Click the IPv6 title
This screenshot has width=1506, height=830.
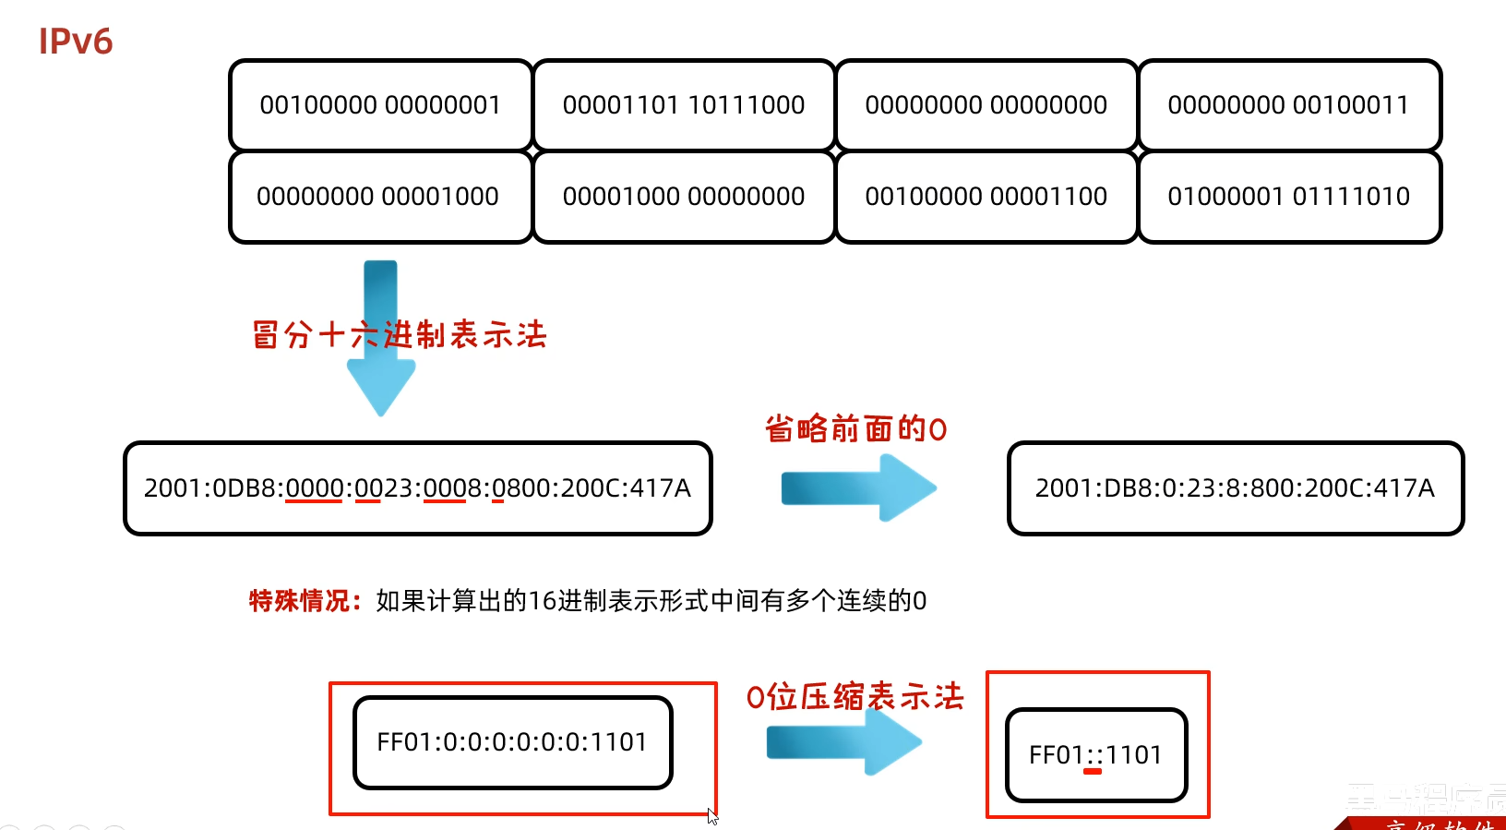pos(76,42)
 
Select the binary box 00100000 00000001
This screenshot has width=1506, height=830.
pos(380,105)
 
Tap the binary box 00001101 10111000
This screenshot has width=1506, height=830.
pos(684,105)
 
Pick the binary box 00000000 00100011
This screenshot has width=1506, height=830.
pos(1288,105)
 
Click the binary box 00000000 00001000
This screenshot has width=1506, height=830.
pos(378,197)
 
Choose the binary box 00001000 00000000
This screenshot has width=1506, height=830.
pos(684,197)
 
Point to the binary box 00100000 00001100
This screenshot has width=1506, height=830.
pos(986,197)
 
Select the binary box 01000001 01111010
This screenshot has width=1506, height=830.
pos(1288,197)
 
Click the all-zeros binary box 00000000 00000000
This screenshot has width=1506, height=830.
pos(986,105)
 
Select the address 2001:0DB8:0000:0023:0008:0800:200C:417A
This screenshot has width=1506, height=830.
pos(417,488)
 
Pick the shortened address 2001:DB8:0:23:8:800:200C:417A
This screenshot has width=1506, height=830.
pos(1235,488)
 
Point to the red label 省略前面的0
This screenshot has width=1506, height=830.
pos(855,429)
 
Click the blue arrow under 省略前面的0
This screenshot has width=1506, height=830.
pos(858,488)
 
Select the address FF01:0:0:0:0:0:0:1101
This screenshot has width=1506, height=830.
pos(512,742)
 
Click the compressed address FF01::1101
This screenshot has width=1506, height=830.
pos(1095,755)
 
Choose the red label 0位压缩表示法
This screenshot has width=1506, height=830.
pos(855,696)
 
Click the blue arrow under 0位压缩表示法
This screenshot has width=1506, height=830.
pos(843,741)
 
